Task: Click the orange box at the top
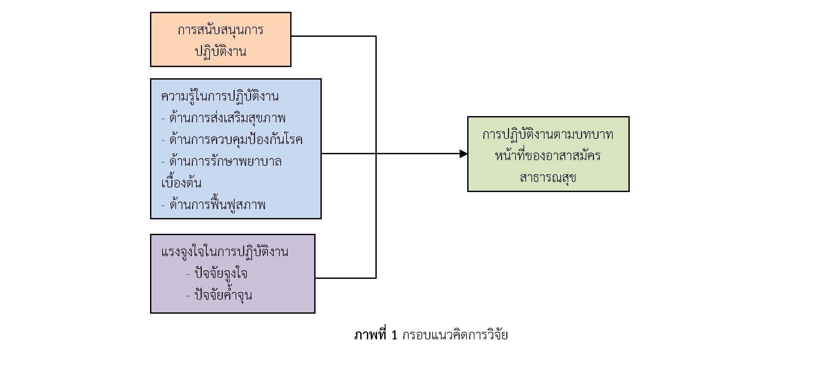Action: tap(220, 39)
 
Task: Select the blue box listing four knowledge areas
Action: tap(236, 149)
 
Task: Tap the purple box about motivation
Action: tap(233, 274)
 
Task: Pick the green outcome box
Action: tap(548, 154)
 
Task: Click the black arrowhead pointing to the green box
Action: tap(464, 154)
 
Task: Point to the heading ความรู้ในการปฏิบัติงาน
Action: tap(220, 97)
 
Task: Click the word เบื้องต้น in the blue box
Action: tap(181, 182)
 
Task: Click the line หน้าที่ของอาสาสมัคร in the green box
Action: tap(548, 156)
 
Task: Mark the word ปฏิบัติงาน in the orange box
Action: tap(220, 52)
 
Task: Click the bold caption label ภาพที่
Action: tap(370, 335)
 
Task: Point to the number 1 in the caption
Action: tap(394, 335)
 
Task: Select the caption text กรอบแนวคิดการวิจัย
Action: tap(455, 335)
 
